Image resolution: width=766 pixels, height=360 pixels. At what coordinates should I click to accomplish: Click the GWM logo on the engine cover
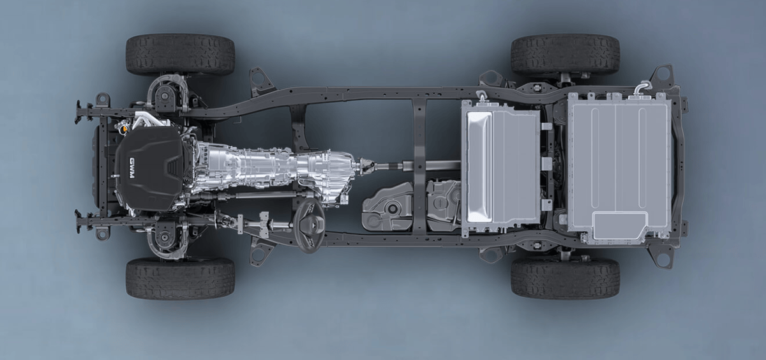pyautogui.click(x=132, y=168)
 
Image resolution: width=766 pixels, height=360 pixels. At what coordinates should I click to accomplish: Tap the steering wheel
pyautogui.click(x=310, y=225)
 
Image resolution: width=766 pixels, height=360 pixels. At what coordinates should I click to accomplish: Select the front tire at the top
pyautogui.click(x=180, y=55)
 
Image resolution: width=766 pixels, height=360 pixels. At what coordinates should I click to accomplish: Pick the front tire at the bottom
pyautogui.click(x=180, y=279)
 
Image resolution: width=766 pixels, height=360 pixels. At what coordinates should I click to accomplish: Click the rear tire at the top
pyautogui.click(x=566, y=55)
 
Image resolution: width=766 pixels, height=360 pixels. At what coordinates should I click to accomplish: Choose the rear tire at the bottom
pyautogui.click(x=566, y=278)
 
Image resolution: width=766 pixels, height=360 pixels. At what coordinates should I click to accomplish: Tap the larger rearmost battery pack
pyautogui.click(x=620, y=167)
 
